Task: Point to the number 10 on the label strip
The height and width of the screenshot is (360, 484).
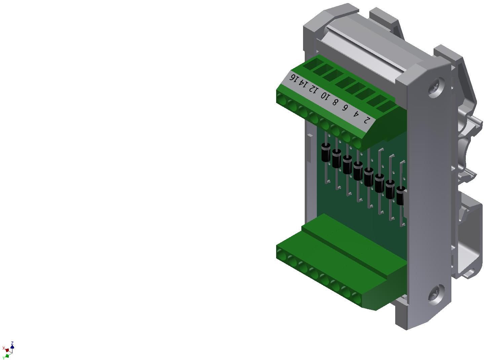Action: tap(325, 95)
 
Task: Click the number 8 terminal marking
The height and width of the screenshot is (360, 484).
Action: tap(335, 102)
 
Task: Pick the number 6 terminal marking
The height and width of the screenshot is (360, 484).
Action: tap(345, 107)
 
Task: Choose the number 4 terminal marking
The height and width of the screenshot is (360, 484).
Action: tap(356, 113)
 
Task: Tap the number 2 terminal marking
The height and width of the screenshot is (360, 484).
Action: tap(367, 120)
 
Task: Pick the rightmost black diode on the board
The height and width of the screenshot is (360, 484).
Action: tap(400, 196)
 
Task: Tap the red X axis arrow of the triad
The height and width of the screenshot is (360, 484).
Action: tap(6, 350)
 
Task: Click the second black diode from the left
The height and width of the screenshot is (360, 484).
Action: tap(337, 159)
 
